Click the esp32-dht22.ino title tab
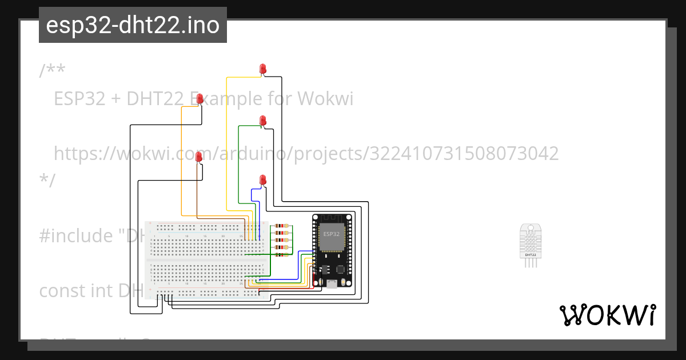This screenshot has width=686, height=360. (x=133, y=25)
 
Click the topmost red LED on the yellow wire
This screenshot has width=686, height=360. (x=262, y=69)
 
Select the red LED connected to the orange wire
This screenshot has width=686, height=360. (x=200, y=99)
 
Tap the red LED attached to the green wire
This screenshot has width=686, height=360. (x=263, y=121)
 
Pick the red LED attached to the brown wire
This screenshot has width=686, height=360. (x=199, y=157)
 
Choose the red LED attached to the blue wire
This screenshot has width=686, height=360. (x=263, y=180)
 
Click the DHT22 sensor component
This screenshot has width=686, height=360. (x=530, y=245)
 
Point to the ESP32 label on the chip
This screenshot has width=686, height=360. (x=332, y=234)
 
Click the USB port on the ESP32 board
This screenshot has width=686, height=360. (x=332, y=283)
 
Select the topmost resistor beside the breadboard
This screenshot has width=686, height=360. (x=282, y=226)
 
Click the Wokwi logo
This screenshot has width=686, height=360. (x=607, y=315)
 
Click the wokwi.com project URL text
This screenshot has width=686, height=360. (x=306, y=153)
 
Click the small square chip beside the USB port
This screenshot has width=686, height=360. (x=341, y=268)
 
